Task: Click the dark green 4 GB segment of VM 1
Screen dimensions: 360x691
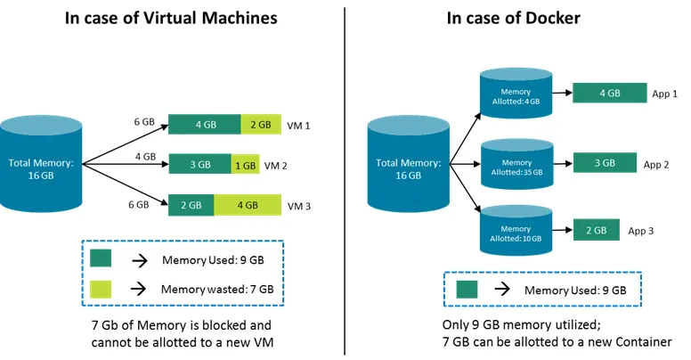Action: (x=205, y=125)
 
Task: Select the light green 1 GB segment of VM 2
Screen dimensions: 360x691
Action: (x=245, y=165)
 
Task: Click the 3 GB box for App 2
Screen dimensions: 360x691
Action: (x=604, y=163)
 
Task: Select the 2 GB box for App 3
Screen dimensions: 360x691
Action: (x=596, y=230)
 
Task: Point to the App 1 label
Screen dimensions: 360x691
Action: (x=664, y=94)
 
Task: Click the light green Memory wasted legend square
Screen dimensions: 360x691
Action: (x=102, y=289)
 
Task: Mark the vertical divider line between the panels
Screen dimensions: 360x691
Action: (x=345, y=178)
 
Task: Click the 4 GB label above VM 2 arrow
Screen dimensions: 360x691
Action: (x=145, y=157)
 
